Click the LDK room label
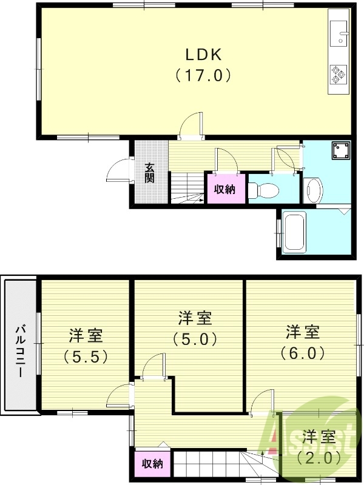[203, 55]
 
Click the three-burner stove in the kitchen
[337, 75]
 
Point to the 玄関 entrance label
[150, 173]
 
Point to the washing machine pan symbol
[340, 150]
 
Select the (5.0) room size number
[195, 339]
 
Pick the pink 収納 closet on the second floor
[152, 464]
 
